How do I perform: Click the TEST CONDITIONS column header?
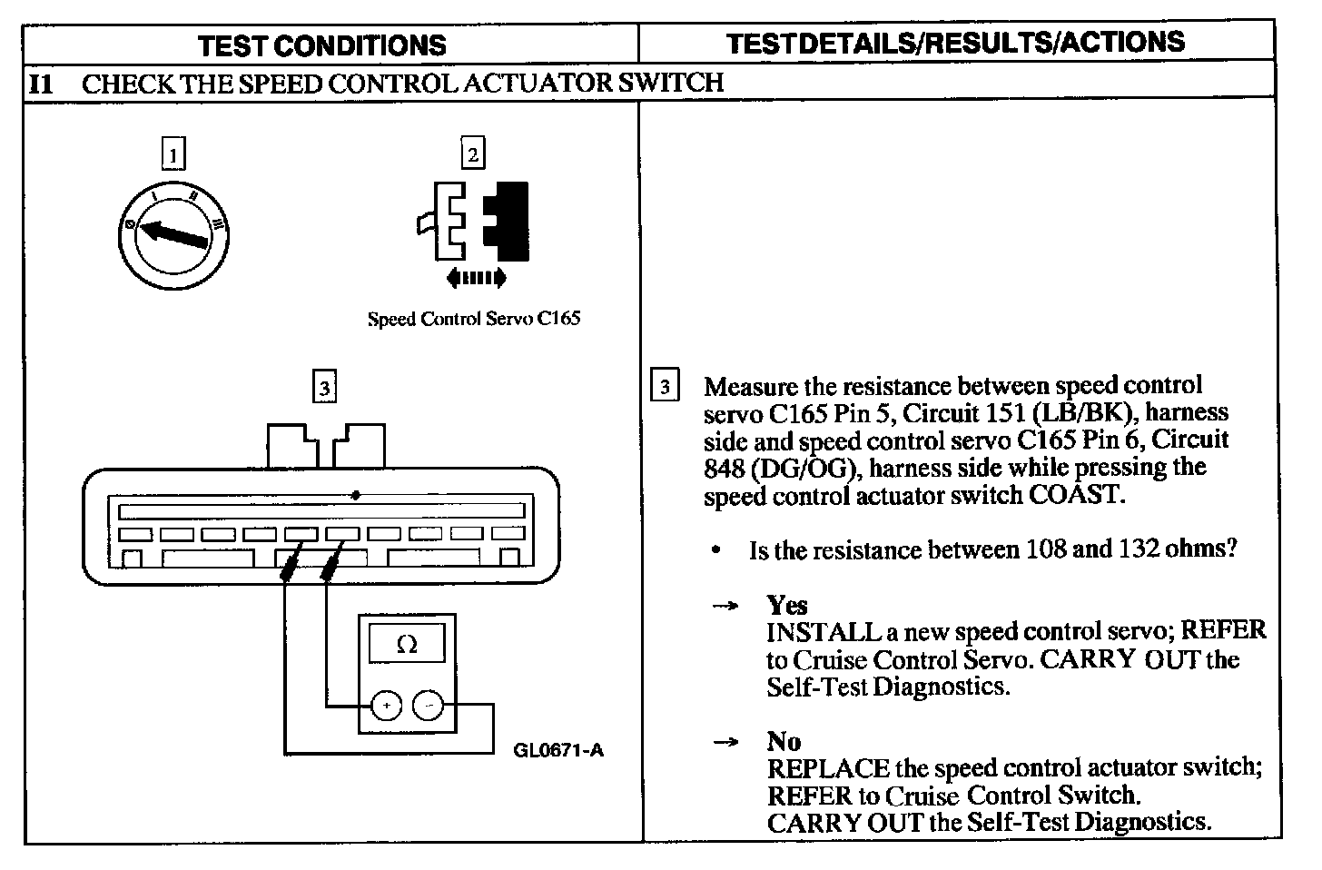322,45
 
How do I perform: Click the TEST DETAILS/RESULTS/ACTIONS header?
956,43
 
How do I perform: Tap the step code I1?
41,84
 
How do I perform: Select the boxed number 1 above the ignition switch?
173,153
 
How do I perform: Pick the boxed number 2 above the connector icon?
472,153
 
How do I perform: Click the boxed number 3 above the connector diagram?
324,388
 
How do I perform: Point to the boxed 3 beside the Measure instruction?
665,387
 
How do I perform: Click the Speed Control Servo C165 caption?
473,319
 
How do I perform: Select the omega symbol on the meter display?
408,645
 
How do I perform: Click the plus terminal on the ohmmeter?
386,705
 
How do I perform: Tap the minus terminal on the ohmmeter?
429,705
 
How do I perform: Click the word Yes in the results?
786,605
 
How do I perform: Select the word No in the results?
784,741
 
